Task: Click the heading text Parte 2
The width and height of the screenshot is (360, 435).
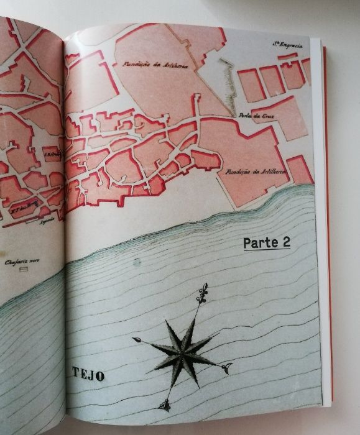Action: pos(266,243)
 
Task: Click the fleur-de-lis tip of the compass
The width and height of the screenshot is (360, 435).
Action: pos(202,294)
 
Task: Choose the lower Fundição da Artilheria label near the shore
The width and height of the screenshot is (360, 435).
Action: pos(247,170)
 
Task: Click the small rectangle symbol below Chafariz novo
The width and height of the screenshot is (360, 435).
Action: pos(24,272)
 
